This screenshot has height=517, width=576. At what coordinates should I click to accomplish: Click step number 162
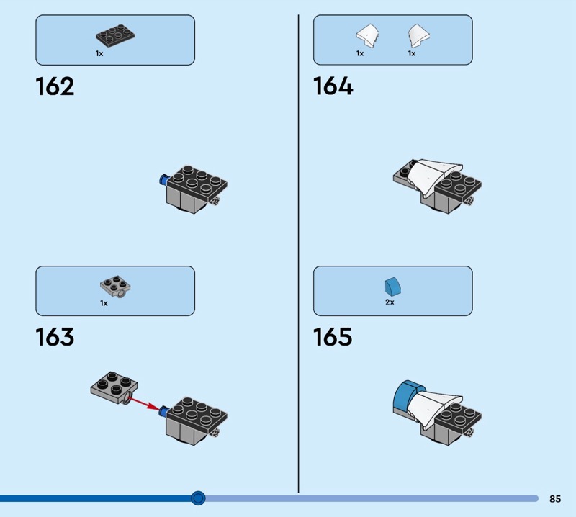pyautogui.click(x=55, y=86)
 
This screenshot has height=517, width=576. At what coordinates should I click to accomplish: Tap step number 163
pyautogui.click(x=55, y=337)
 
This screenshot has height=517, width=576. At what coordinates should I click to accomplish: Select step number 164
pyautogui.click(x=333, y=86)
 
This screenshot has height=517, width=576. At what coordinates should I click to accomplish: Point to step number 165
pyautogui.click(x=333, y=337)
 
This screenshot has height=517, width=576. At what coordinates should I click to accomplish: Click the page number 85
pyautogui.click(x=555, y=498)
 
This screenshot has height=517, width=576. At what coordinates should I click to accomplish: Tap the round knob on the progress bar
pyautogui.click(x=198, y=498)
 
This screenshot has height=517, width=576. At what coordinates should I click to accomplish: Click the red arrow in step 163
pyautogui.click(x=145, y=402)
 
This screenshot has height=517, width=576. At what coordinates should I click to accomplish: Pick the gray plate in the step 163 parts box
pyautogui.click(x=115, y=287)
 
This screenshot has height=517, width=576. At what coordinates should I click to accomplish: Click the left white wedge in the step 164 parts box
pyautogui.click(x=367, y=35)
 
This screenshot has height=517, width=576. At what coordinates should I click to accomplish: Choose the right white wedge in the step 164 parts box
pyautogui.click(x=419, y=35)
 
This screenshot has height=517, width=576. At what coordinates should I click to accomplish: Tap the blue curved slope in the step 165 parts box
pyautogui.click(x=392, y=287)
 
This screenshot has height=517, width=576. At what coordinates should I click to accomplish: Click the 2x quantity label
pyautogui.click(x=390, y=302)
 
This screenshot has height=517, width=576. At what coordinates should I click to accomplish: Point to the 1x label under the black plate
pyautogui.click(x=99, y=54)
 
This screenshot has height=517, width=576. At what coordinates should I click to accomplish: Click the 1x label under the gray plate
pyautogui.click(x=104, y=303)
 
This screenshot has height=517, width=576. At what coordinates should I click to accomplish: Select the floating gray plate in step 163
pyautogui.click(x=114, y=387)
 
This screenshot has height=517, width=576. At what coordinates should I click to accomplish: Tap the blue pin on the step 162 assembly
pyautogui.click(x=163, y=179)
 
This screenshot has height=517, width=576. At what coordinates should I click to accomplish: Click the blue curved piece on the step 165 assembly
pyautogui.click(x=408, y=396)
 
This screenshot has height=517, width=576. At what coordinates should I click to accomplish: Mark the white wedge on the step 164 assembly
pyautogui.click(x=433, y=176)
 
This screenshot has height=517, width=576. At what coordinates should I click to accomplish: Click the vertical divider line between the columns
pyautogui.click(x=298, y=253)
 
